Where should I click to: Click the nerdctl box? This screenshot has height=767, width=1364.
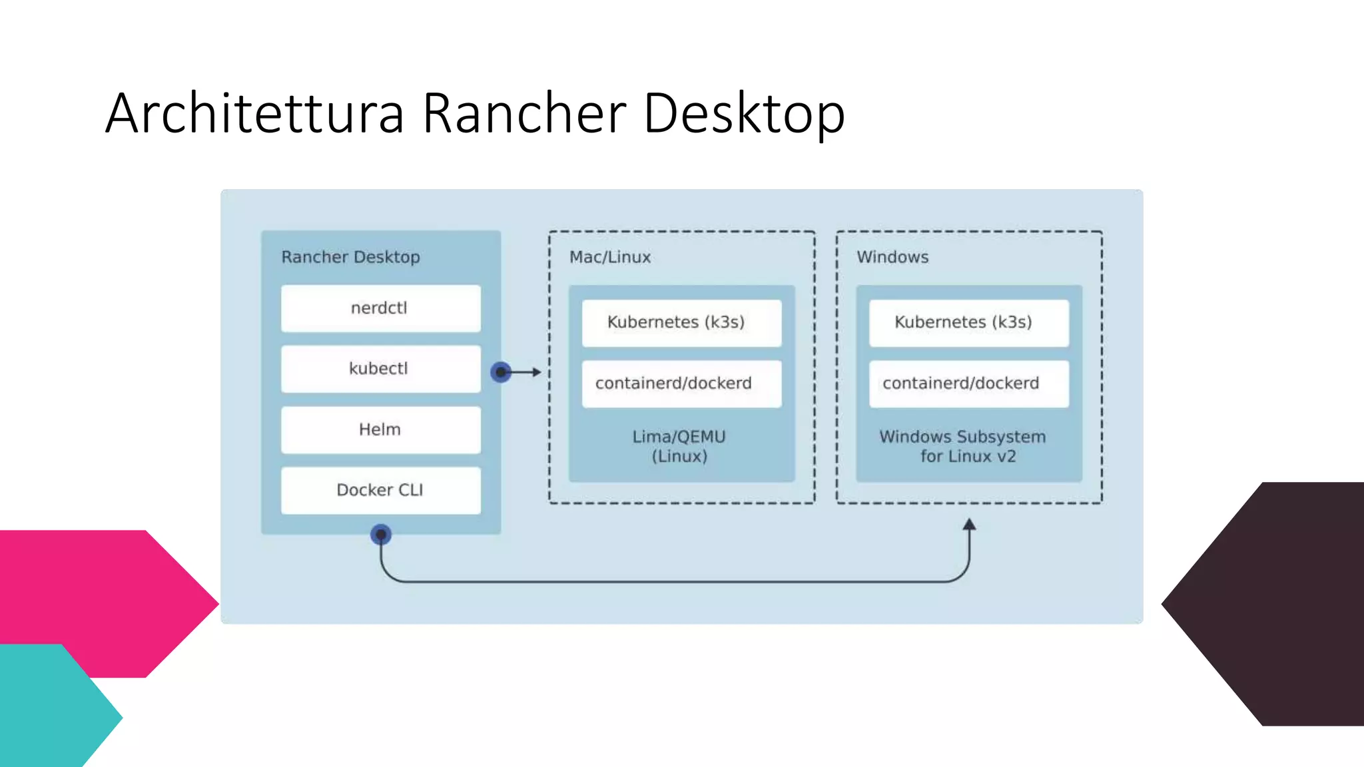380,308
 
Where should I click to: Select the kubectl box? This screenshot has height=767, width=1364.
380,369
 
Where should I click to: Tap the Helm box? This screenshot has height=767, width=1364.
380,429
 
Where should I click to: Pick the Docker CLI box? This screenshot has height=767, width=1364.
380,490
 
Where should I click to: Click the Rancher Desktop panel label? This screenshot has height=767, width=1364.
350,257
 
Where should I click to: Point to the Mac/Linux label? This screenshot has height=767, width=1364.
609,257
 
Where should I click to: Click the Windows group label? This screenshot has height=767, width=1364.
892,257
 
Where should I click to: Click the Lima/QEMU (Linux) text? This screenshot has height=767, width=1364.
679,446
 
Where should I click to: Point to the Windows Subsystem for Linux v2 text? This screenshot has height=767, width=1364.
963,446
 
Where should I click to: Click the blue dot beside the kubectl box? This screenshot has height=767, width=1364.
501,372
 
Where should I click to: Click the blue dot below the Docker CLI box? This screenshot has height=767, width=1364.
381,534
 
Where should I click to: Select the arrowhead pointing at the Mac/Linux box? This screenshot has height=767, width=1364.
537,372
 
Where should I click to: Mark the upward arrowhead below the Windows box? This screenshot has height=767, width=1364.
970,525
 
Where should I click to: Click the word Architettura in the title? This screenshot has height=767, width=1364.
254,113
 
